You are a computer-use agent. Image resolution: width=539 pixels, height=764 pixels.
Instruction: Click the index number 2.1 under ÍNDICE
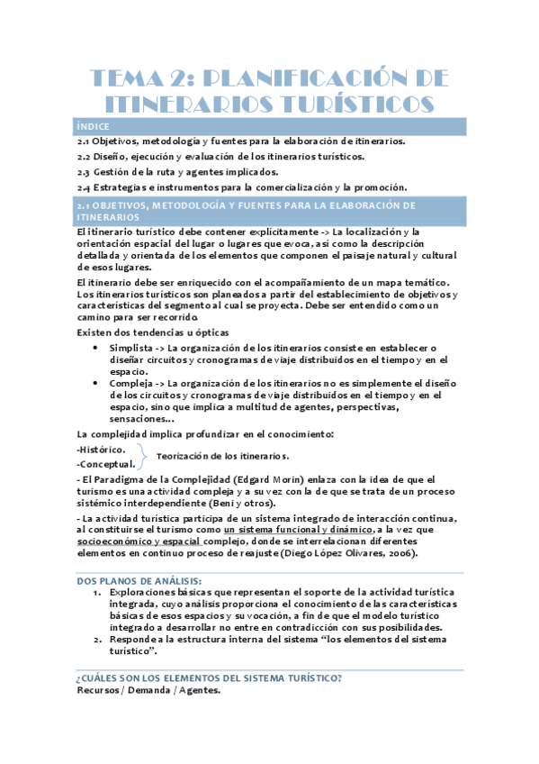pos(82,141)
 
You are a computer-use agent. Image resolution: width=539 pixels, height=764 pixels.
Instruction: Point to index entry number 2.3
pos(82,172)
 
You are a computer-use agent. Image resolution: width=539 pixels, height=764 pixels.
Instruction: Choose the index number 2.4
pos(82,187)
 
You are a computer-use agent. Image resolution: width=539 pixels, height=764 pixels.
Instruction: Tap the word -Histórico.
pos(101,449)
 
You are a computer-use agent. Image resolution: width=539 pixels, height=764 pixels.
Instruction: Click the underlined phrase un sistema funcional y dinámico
pos(311,530)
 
